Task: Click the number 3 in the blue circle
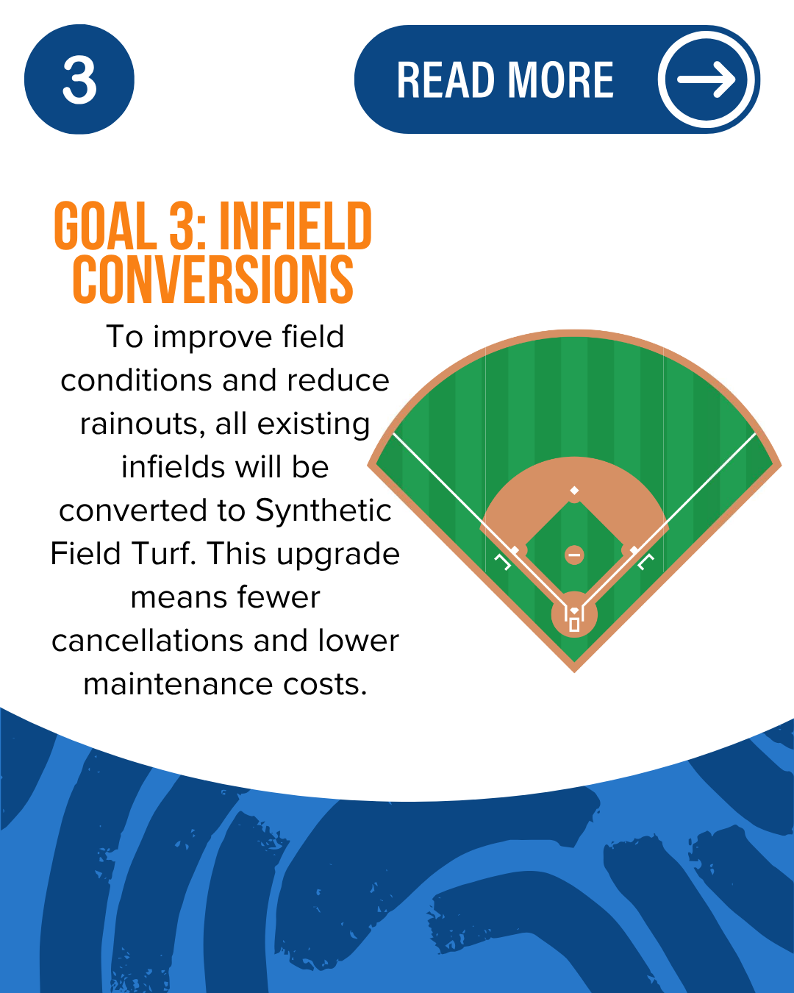tap(79, 80)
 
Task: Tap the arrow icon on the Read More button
tap(706, 79)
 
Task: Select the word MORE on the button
tap(560, 80)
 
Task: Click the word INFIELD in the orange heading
tap(296, 226)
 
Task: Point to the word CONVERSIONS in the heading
tap(213, 280)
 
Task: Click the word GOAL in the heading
tap(105, 226)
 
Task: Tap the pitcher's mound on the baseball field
tap(574, 555)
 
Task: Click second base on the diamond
tap(574, 490)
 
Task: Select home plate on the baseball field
tap(574, 611)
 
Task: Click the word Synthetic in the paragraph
tap(323, 511)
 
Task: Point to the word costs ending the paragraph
tap(325, 684)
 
